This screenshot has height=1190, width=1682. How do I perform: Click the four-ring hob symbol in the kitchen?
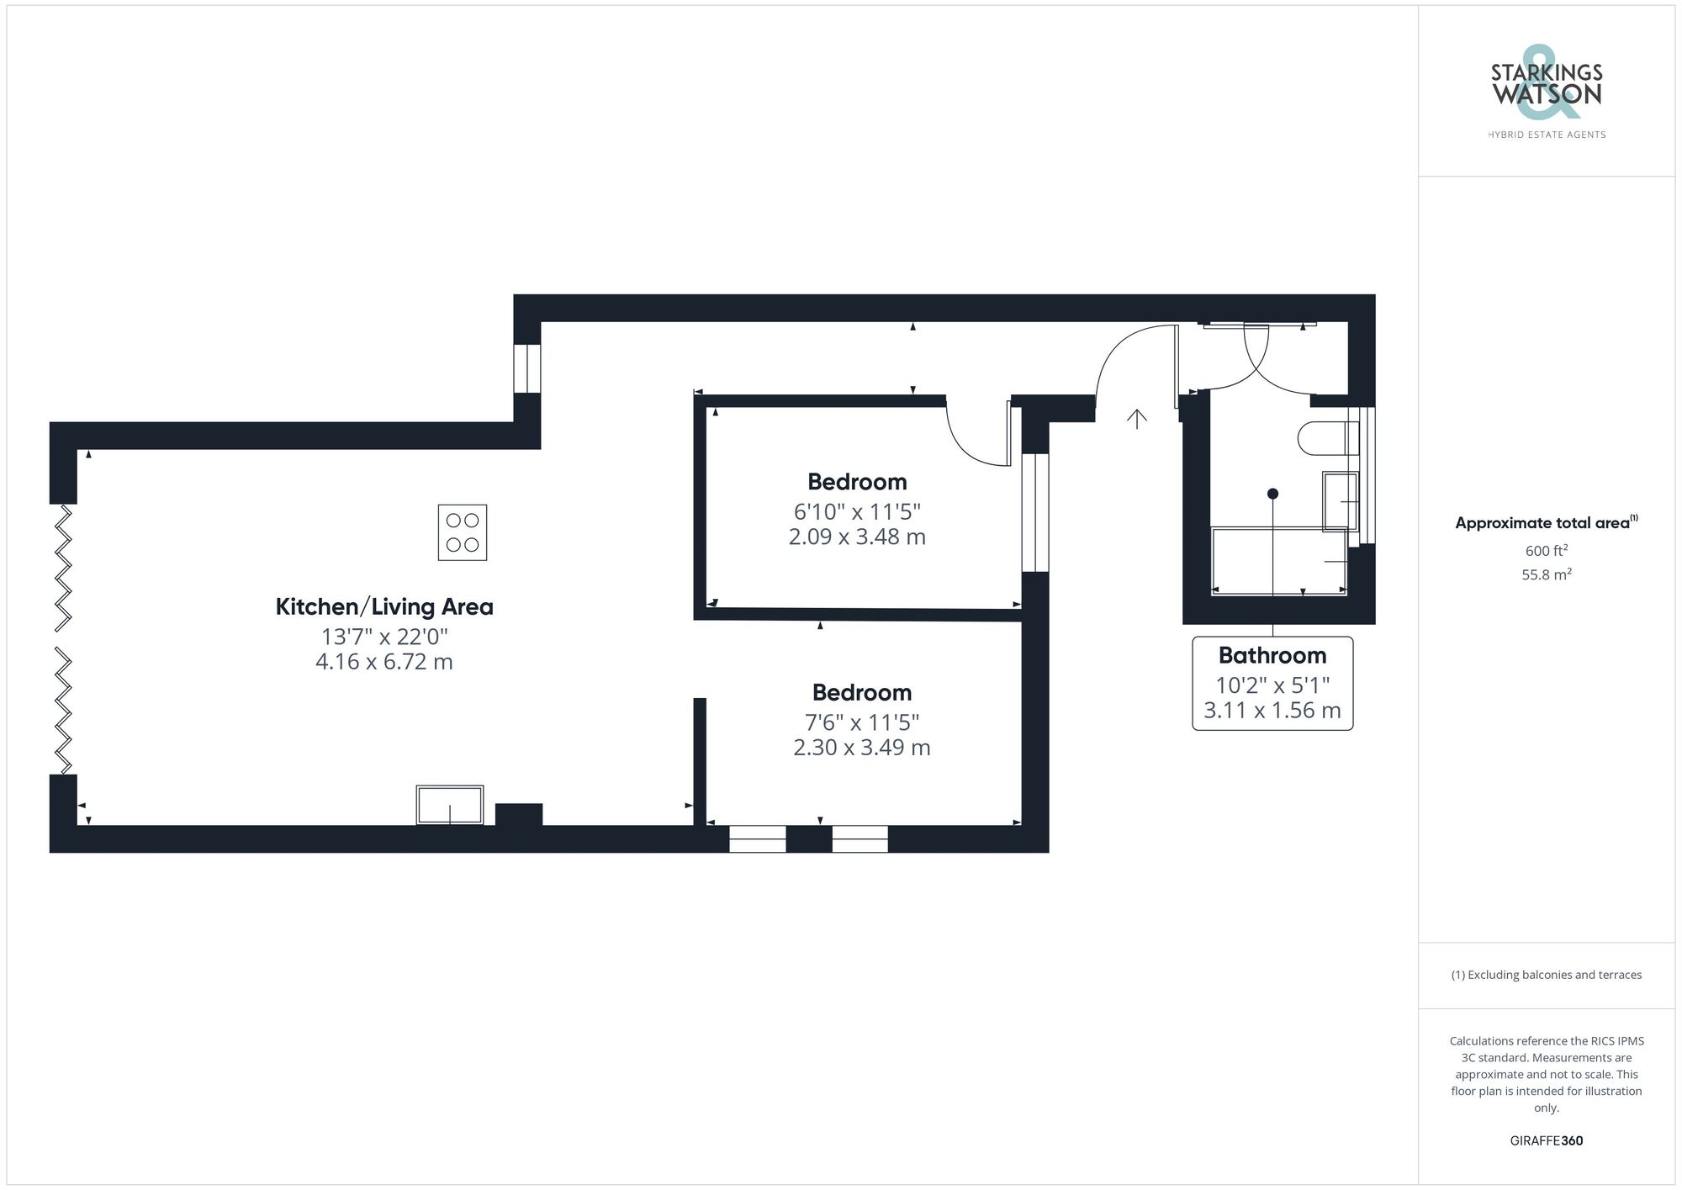[463, 532]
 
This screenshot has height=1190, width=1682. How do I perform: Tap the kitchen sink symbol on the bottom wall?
[450, 805]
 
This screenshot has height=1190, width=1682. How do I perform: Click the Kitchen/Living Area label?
[384, 606]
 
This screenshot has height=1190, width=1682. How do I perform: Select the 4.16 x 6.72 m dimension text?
[384, 662]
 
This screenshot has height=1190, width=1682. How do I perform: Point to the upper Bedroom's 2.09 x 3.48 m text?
[857, 537]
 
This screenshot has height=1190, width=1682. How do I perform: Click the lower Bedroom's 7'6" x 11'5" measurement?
[862, 722]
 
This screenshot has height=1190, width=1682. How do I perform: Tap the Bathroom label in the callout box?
[1272, 655]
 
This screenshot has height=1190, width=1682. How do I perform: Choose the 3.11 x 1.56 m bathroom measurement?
[1272, 711]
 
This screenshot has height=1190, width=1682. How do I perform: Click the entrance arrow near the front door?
[1137, 418]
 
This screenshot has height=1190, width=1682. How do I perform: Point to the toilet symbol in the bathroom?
[1327, 438]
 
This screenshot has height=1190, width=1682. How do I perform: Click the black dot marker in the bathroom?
[1272, 494]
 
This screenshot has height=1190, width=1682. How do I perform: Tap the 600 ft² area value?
[1546, 551]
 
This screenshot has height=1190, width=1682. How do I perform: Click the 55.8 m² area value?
[1546, 575]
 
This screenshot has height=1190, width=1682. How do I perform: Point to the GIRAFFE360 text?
[1546, 1140]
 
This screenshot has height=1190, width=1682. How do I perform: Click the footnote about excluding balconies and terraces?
[1546, 975]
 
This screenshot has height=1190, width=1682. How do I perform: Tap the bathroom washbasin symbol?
[1340, 502]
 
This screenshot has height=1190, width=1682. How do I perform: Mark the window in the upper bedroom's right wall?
[1035, 512]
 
